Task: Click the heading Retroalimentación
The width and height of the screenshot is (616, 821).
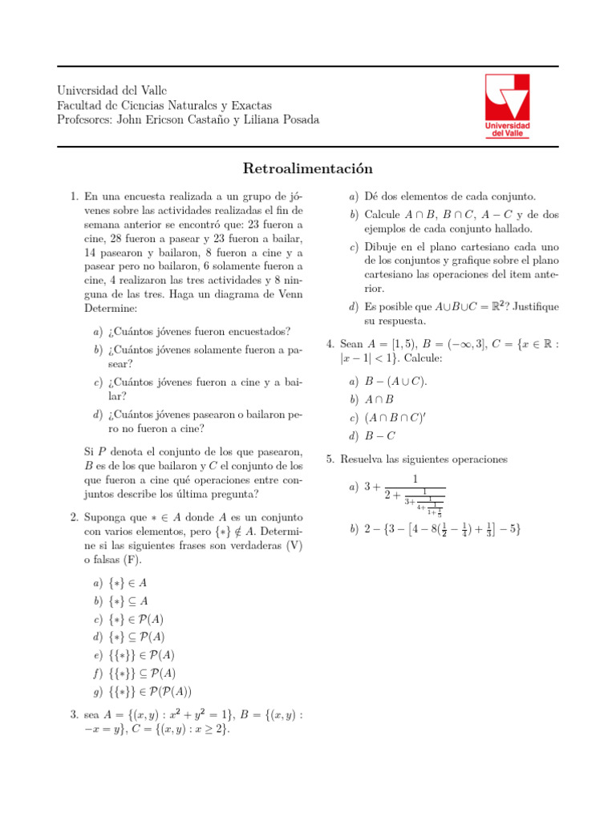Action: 308,169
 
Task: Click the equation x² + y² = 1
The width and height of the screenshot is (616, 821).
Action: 252,714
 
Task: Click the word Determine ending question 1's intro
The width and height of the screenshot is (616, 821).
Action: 111,307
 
